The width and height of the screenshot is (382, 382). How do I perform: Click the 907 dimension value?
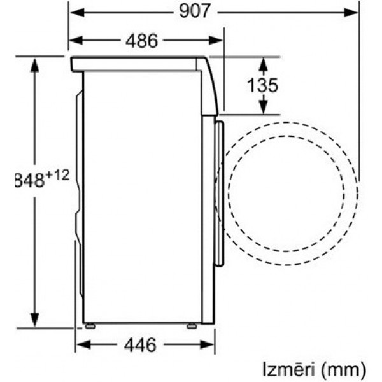(194, 11)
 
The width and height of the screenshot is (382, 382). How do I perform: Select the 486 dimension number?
(141, 41)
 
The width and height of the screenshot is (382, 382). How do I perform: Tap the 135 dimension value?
(262, 85)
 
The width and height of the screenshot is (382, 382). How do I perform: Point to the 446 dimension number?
(140, 345)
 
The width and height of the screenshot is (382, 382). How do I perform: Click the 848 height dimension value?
(29, 180)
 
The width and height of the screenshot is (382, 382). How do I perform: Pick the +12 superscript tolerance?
(57, 175)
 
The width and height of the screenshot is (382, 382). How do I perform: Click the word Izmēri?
(288, 369)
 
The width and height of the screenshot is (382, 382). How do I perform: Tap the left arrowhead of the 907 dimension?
(77, 12)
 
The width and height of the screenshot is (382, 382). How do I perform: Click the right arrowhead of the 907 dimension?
(351, 12)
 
